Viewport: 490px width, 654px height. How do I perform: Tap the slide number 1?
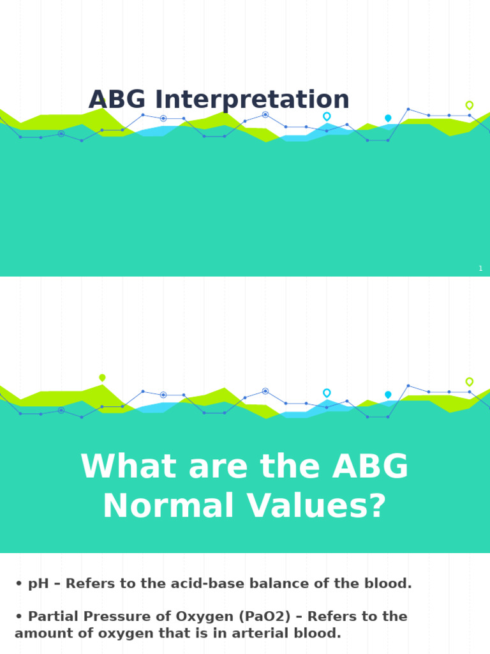(480, 269)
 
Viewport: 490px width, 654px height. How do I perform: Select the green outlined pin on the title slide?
(470, 105)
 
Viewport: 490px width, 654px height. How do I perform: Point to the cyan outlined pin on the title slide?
(327, 116)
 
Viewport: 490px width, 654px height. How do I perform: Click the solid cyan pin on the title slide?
(388, 118)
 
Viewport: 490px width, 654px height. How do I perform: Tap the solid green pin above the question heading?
(102, 377)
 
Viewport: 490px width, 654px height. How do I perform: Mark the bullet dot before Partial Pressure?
(19, 617)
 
